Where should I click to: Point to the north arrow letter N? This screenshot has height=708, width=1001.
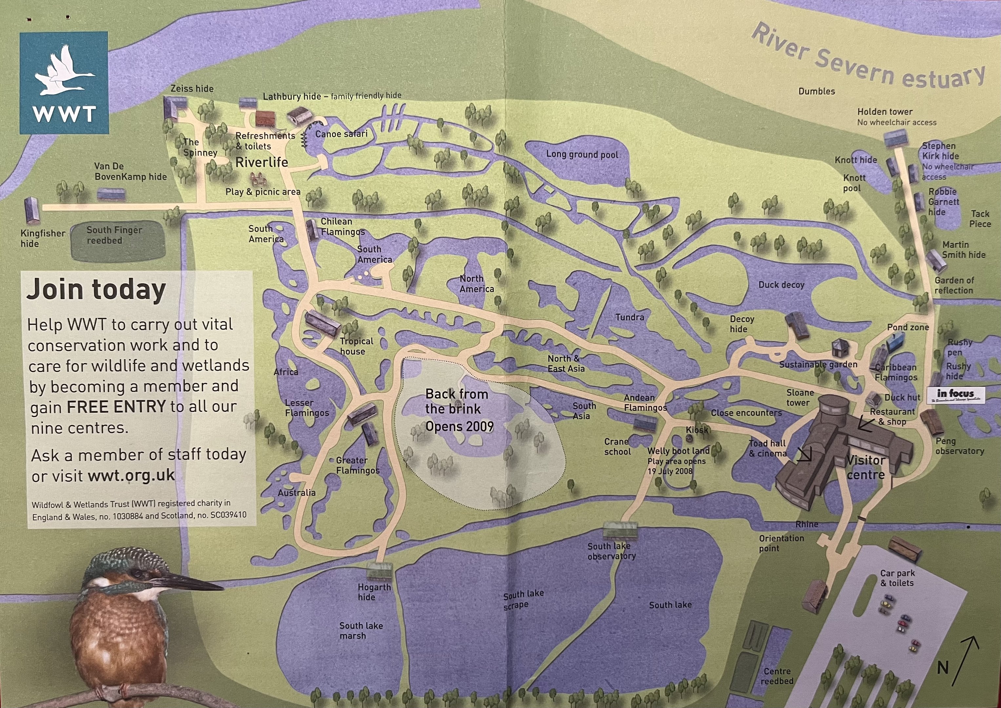click(943, 667)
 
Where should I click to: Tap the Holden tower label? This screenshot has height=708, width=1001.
click(885, 111)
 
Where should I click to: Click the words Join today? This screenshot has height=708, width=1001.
click(96, 290)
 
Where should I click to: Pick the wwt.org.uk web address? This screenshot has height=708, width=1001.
click(131, 475)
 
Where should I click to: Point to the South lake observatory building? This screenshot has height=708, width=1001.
click(619, 531)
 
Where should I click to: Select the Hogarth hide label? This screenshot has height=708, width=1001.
click(374, 592)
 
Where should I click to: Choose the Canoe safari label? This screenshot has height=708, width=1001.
click(341, 134)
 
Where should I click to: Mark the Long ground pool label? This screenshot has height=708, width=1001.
click(582, 154)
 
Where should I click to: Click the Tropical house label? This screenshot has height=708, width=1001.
click(356, 346)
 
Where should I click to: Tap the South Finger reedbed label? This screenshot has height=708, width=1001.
click(114, 235)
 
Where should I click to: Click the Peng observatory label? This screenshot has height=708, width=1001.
click(959, 446)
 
